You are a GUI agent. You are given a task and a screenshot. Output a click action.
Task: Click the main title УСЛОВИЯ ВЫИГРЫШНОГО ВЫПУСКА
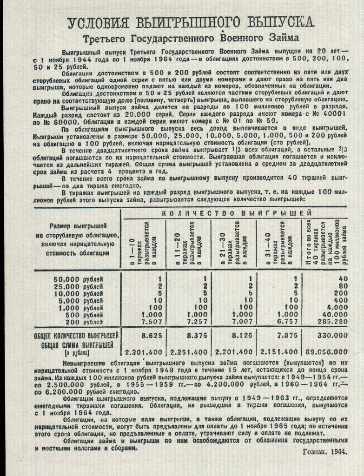(191, 22)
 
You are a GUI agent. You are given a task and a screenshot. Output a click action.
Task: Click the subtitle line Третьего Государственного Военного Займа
(191, 38)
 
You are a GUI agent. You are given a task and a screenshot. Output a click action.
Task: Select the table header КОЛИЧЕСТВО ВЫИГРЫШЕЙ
(236, 213)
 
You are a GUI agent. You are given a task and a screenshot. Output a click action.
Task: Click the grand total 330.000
(332, 335)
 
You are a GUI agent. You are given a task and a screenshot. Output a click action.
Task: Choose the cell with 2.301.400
(143, 352)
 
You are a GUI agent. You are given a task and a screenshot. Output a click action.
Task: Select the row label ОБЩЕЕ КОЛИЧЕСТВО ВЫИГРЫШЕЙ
(76, 335)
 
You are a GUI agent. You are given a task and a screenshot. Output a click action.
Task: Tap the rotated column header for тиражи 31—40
(279, 242)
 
